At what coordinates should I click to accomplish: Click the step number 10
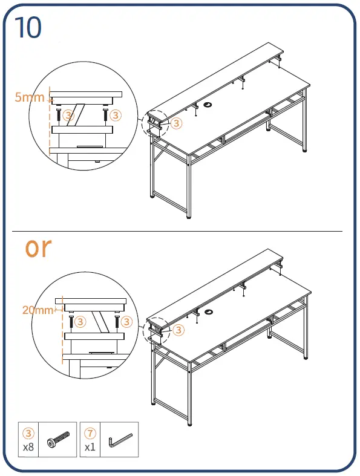28,27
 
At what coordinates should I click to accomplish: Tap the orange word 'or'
38,247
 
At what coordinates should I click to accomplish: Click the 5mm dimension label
30,97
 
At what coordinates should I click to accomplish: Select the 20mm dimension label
38,310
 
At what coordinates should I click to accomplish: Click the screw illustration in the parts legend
58,439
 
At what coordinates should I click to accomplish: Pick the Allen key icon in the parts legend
120,440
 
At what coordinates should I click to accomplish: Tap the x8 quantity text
28,447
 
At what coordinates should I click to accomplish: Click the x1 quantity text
90,447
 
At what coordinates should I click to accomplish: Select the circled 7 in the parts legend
90,433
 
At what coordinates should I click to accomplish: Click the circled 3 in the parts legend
28,433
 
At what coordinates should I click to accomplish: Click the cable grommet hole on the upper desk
208,105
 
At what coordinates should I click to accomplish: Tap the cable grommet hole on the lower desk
209,311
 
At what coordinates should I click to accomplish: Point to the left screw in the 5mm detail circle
58,115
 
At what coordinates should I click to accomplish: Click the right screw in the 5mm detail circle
105,115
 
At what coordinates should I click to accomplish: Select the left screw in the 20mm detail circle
71,321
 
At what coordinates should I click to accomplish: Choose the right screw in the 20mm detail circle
117,321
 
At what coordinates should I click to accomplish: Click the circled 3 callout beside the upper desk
176,123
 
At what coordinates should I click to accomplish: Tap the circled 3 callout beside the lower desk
178,330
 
